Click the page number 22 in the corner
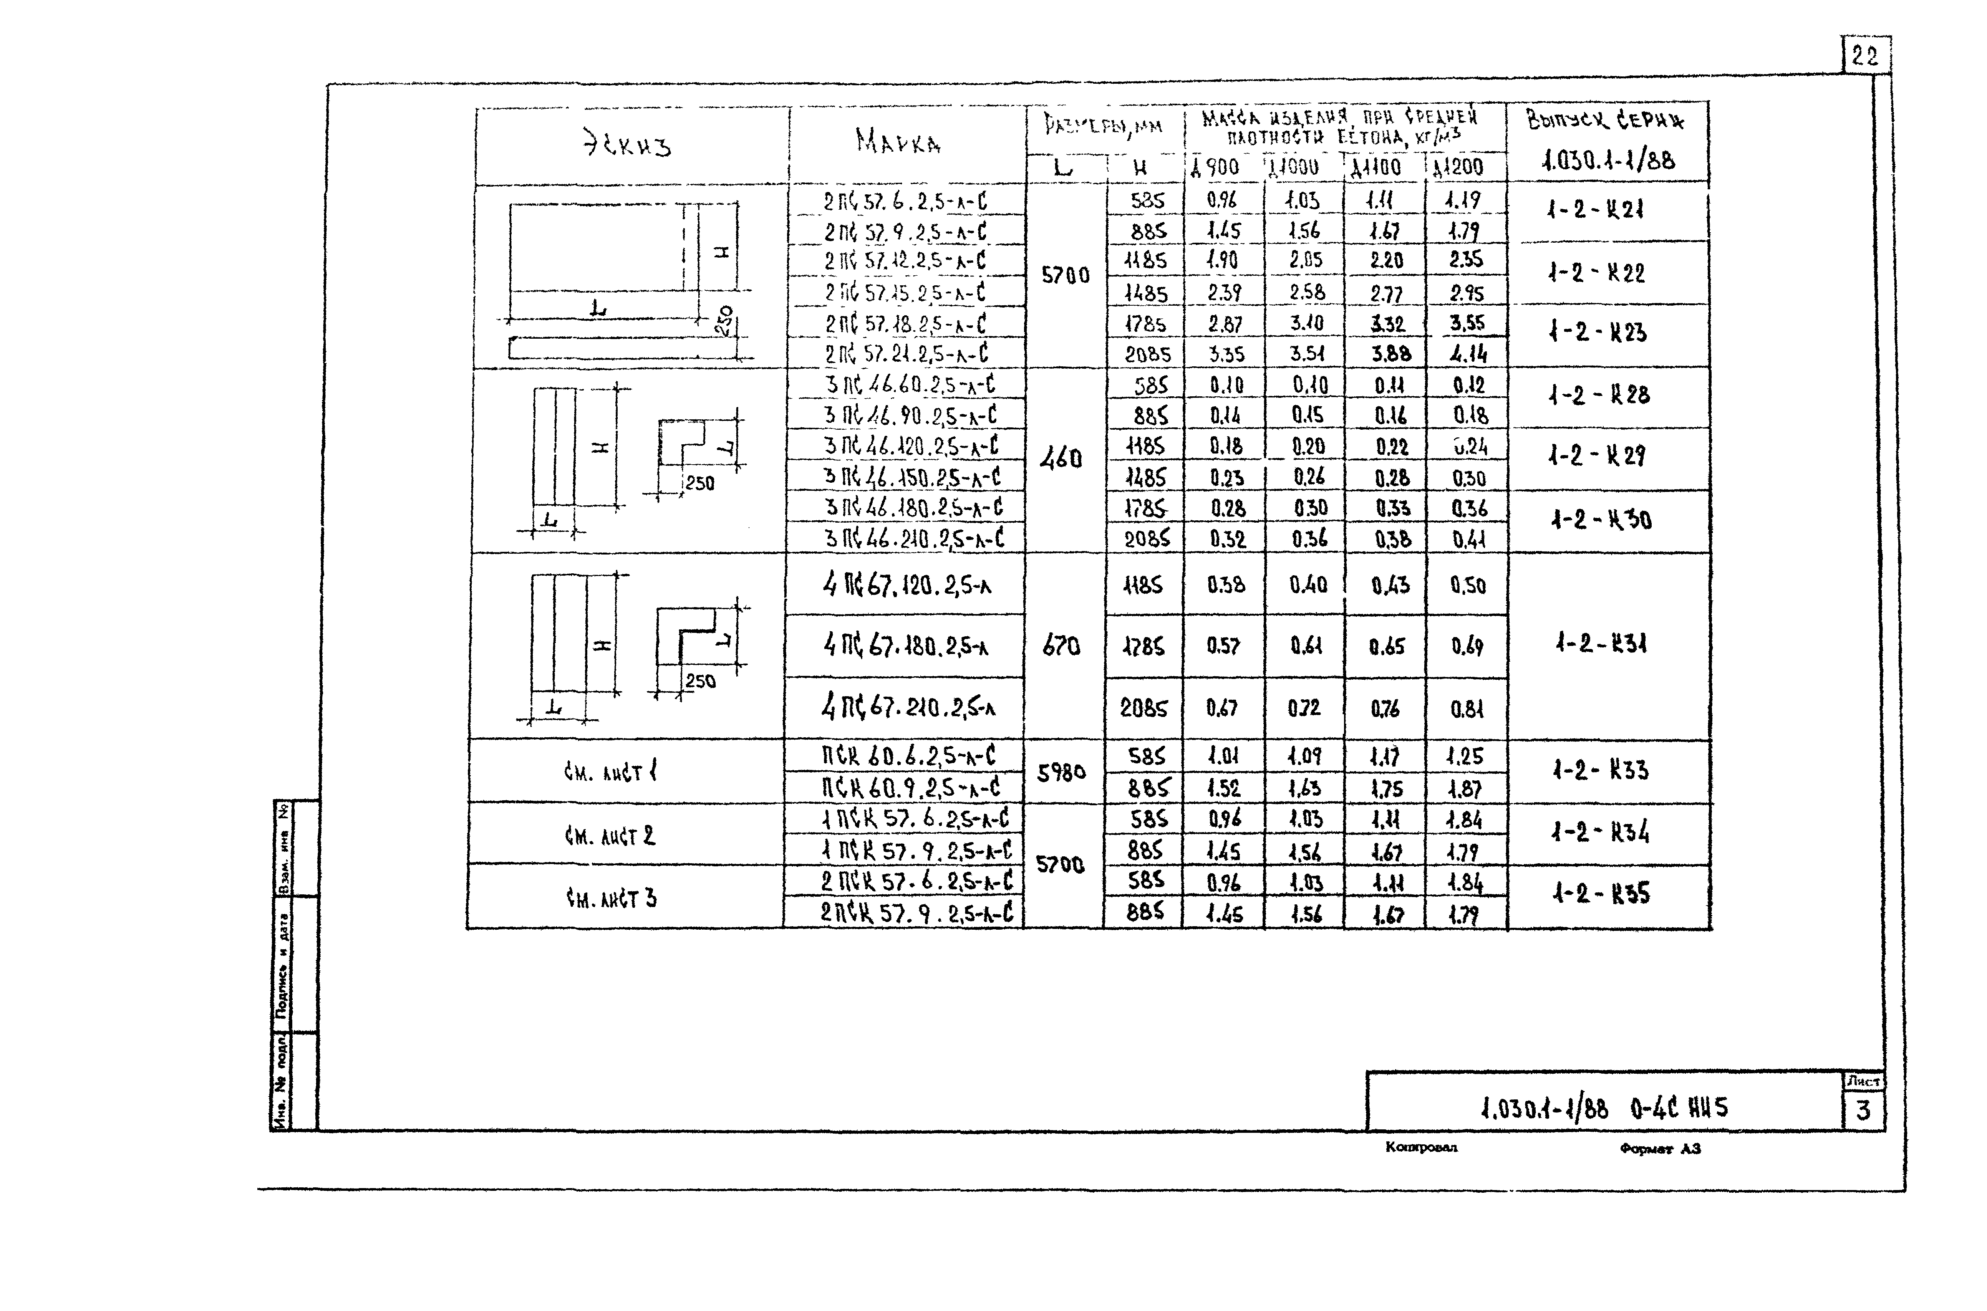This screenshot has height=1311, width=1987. [1864, 56]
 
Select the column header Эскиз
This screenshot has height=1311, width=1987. [627, 146]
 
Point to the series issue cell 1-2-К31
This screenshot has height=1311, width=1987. [1601, 644]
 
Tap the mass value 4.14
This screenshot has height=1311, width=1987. [1468, 354]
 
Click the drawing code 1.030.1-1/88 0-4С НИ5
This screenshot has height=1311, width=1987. [1603, 1109]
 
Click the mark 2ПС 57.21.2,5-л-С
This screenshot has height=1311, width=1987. [906, 354]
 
